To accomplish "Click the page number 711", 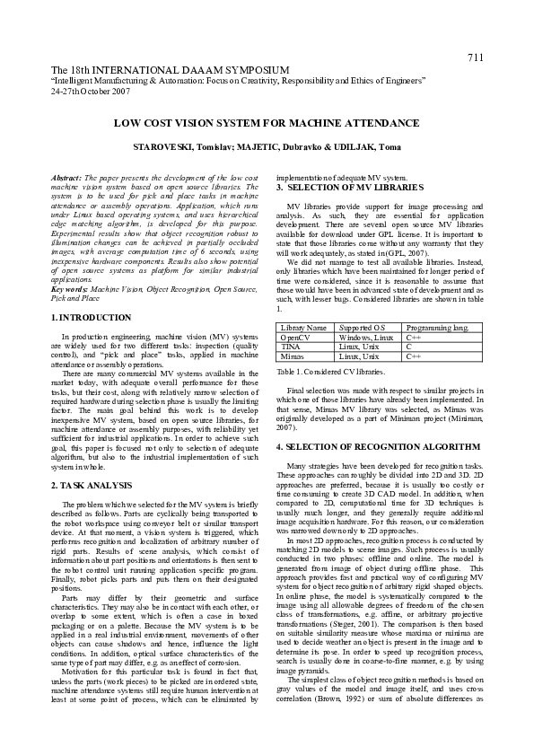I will [x=475, y=57].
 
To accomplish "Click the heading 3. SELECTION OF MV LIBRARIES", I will [x=348, y=187].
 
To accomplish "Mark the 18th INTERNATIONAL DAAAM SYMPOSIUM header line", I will [x=170, y=70].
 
